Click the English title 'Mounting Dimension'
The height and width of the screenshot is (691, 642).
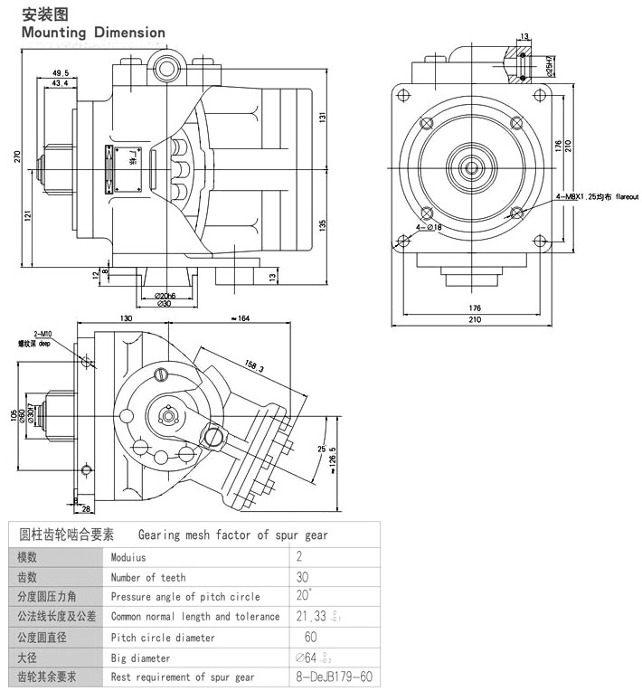tap(93, 33)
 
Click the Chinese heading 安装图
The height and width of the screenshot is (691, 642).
tap(42, 14)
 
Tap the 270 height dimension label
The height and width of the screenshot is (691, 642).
tap(16, 156)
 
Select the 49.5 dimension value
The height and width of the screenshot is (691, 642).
tap(61, 72)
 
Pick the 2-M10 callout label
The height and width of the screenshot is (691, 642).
tap(42, 334)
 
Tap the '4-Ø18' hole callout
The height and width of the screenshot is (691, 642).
tap(429, 227)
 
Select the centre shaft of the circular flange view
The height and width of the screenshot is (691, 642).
tap(471, 166)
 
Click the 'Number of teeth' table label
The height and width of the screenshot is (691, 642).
tap(148, 577)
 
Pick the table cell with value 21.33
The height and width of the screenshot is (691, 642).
tap(319, 617)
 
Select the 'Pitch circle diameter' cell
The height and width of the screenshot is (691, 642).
tap(163, 637)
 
